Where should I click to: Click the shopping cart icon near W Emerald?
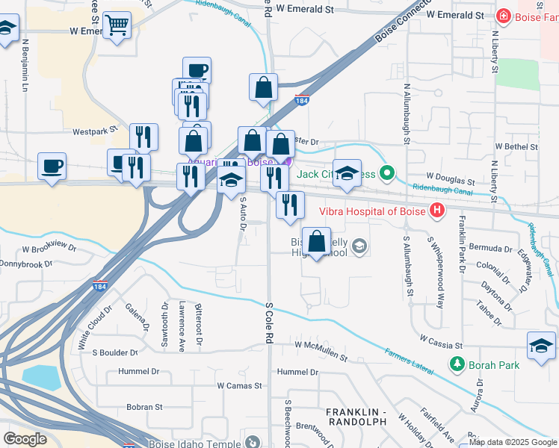pos(117,26)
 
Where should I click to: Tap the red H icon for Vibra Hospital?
pos(436,211)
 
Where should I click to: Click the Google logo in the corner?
pos(24,438)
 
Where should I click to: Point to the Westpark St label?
pos(96,131)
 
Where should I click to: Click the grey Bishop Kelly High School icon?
pos(359,246)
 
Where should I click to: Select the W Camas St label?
pos(239,386)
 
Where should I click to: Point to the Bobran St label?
pos(144,407)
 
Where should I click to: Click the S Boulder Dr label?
pos(114,352)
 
